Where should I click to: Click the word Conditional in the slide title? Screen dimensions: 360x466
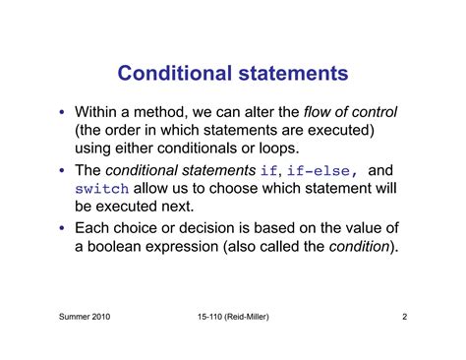[x=175, y=74]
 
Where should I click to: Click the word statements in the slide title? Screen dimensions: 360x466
[x=292, y=74]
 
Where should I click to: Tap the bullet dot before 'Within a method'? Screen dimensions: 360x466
[x=62, y=111]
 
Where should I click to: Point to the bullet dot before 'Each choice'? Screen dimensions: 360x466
[x=62, y=228]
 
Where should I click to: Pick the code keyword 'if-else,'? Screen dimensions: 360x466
[x=327, y=170]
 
